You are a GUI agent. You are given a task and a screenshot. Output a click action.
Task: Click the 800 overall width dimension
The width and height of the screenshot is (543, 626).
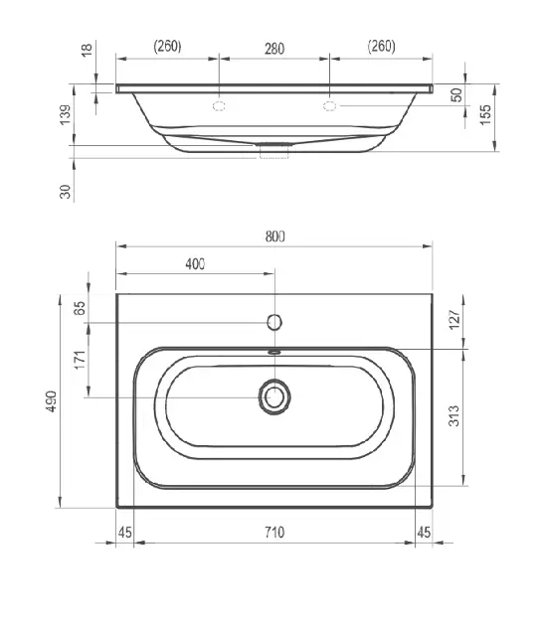coord(274,236)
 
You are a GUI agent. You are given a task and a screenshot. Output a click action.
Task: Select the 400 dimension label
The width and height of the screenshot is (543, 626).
coord(195,264)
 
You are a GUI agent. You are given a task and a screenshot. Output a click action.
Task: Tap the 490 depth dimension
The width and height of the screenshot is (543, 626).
coord(52,401)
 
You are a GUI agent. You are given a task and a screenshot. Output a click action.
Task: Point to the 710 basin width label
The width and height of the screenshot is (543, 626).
coord(274,533)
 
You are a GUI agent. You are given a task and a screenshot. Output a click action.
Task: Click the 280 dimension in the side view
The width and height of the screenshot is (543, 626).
coord(274,49)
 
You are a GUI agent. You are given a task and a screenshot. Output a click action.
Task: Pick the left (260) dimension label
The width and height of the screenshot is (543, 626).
coord(167,46)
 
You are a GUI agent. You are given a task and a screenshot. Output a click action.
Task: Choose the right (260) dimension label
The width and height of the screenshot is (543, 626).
coord(381,46)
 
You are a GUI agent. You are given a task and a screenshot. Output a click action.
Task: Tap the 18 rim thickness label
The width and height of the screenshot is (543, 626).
coord(87,50)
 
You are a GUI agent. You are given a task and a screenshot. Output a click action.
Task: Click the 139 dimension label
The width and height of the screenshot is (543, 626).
coord(65,115)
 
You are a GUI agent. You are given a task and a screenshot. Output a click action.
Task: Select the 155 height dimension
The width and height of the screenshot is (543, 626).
coord(485,115)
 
